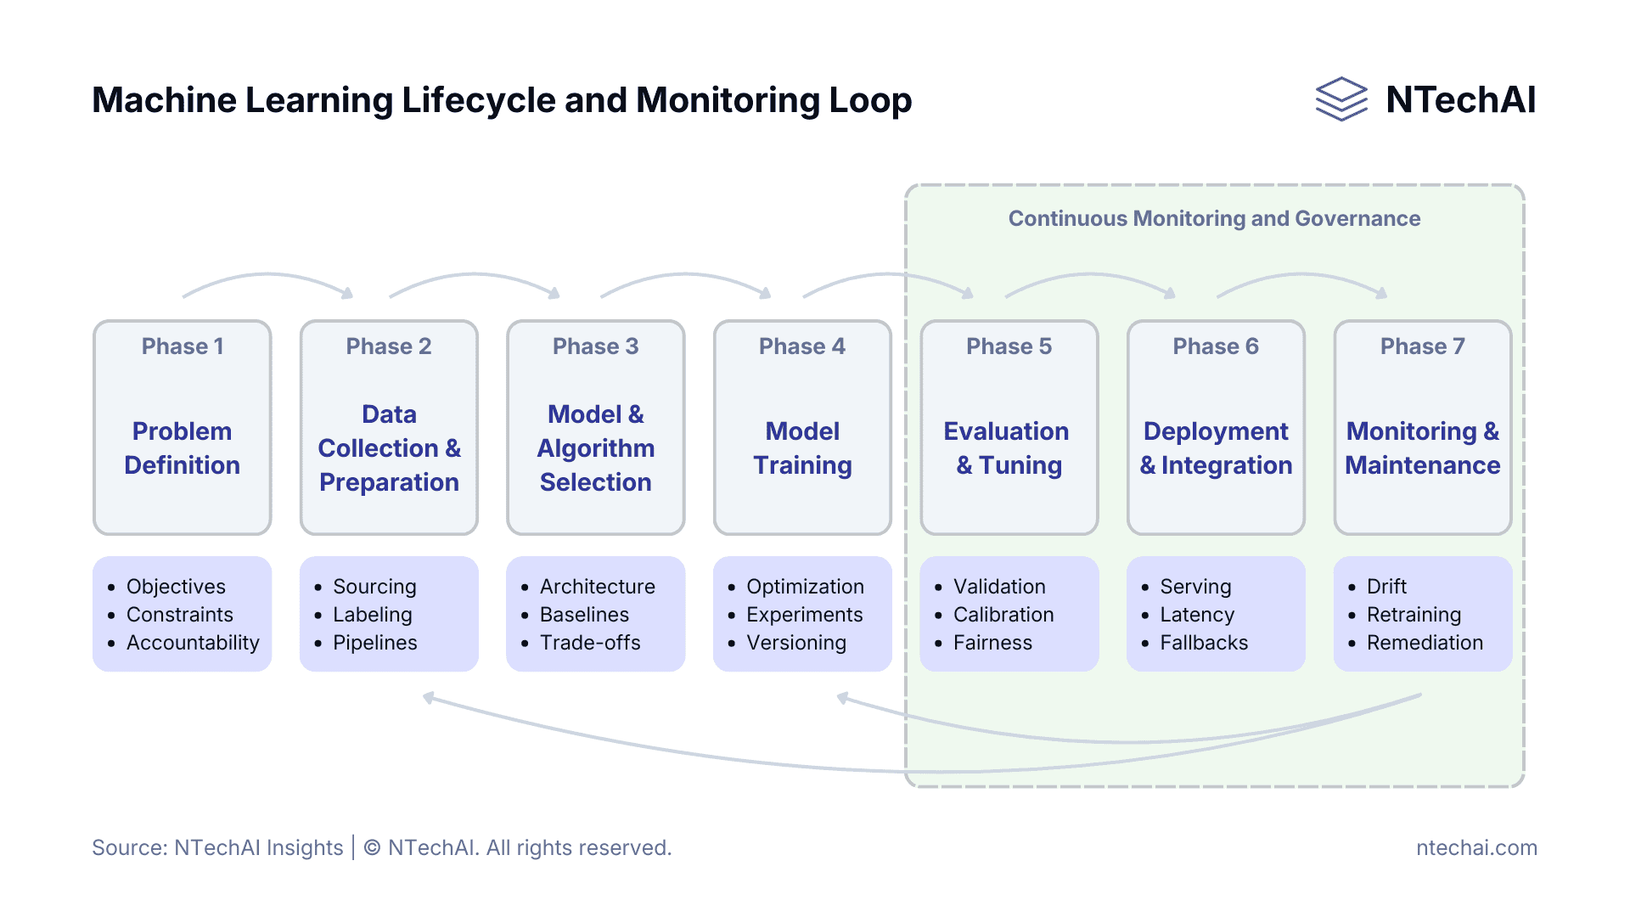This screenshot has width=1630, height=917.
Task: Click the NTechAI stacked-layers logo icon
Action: [x=1341, y=99]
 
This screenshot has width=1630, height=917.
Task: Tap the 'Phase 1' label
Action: [x=183, y=346]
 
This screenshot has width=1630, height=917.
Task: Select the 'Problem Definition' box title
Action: [x=183, y=448]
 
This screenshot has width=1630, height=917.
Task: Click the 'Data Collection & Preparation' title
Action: [x=389, y=448]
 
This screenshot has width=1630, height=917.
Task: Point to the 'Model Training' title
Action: [x=802, y=448]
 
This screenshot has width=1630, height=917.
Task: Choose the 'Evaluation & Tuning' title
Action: [x=1008, y=448]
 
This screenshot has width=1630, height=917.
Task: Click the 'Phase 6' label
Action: [x=1215, y=346]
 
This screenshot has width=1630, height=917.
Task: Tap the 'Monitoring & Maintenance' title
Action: [x=1422, y=448]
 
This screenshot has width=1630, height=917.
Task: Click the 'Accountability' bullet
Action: [x=193, y=643]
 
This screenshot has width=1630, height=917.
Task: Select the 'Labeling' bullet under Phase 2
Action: [x=372, y=615]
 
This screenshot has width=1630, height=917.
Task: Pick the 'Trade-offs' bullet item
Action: [x=590, y=643]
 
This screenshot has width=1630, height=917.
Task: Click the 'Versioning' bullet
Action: [x=795, y=643]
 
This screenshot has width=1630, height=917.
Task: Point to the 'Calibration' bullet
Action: [x=1003, y=615]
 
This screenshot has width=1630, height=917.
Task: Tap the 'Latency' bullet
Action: [x=1196, y=615]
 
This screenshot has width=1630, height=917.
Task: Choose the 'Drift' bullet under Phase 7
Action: [x=1385, y=587]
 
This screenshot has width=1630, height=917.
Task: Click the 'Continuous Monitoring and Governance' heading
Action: [x=1214, y=219]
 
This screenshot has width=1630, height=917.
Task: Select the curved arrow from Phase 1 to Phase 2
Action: [x=267, y=276]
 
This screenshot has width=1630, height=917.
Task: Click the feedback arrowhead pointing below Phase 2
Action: [x=430, y=698]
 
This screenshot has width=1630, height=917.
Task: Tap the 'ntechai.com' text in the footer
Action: [x=1475, y=847]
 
